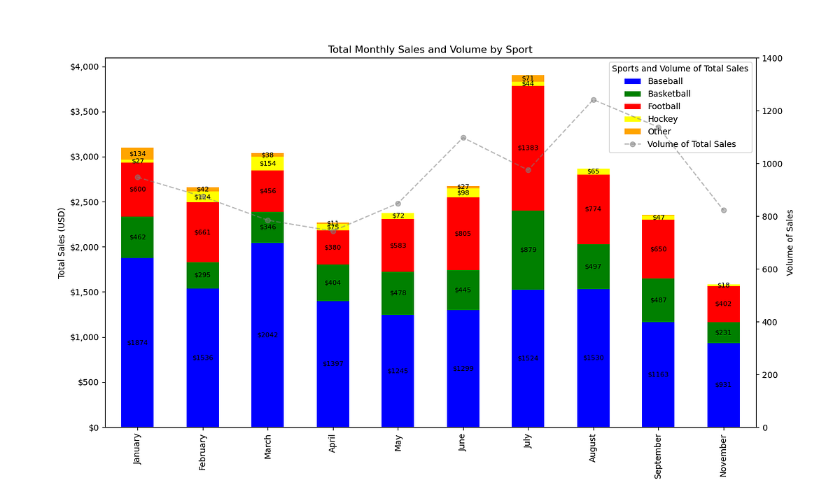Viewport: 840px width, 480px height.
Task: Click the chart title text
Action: (430, 50)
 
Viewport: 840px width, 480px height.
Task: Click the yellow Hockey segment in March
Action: (267, 163)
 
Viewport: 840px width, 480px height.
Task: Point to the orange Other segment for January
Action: (137, 153)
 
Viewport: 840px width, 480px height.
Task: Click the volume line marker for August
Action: (594, 100)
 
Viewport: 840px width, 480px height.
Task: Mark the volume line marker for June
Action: (463, 138)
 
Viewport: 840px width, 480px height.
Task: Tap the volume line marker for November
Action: (724, 211)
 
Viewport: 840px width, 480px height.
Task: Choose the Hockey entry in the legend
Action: (662, 119)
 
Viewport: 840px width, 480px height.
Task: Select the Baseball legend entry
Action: (665, 81)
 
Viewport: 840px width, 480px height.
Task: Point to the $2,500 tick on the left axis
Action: (87, 202)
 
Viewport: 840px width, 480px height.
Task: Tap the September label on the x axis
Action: (658, 456)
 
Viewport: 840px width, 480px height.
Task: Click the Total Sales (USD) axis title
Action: (62, 242)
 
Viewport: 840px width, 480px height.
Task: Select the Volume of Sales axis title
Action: (790, 242)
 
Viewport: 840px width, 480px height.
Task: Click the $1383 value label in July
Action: (528, 148)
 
